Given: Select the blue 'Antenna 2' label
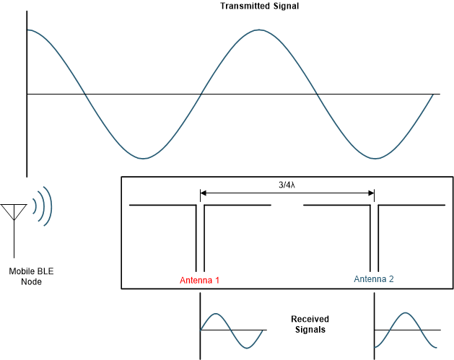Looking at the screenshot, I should point(373,279).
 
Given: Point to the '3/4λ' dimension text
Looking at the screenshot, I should point(287,185).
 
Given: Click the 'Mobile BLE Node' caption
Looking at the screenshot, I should point(31,276).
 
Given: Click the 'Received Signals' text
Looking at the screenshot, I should point(310,324).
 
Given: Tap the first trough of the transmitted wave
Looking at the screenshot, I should point(143,158).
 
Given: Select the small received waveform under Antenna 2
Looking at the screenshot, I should point(404,330).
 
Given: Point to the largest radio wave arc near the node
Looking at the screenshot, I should point(49,205).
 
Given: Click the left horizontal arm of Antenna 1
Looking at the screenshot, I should point(162,206).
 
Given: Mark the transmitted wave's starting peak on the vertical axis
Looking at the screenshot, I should point(27,30).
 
